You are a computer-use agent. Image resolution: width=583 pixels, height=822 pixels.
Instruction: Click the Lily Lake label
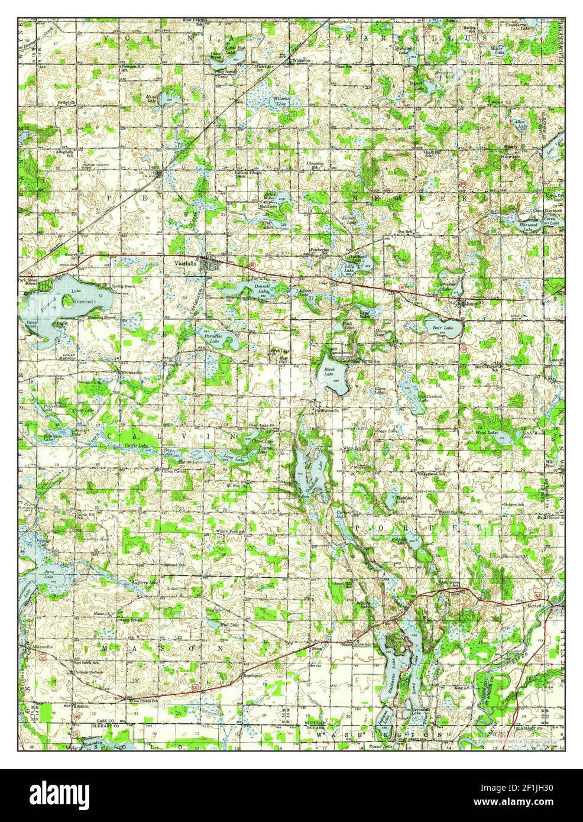pos(350,267)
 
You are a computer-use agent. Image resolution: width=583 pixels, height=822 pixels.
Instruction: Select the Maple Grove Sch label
pos(358,644)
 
